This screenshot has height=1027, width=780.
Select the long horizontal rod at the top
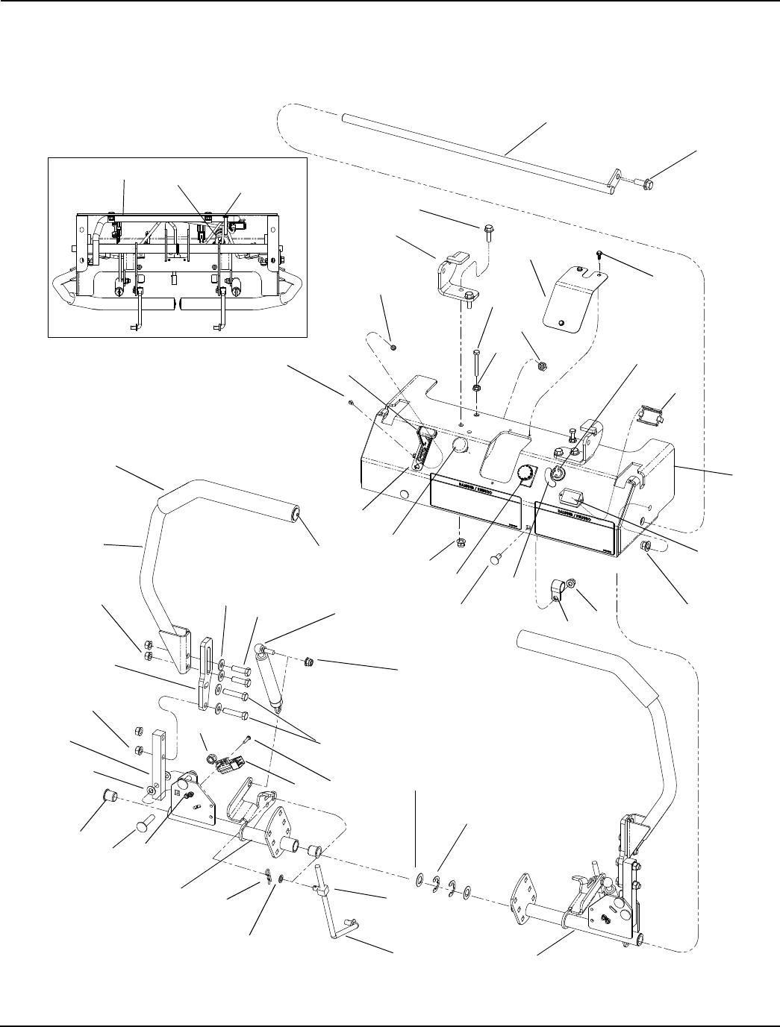(478, 154)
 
